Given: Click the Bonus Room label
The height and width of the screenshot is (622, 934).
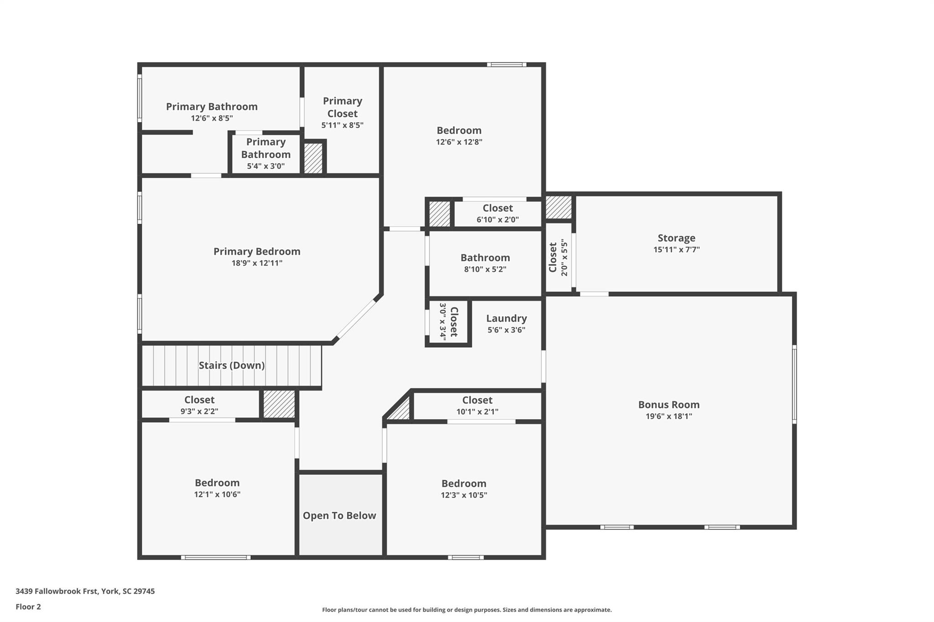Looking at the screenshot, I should pos(669,405).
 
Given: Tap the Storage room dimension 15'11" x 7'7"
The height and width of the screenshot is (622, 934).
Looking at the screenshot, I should pos(676,250).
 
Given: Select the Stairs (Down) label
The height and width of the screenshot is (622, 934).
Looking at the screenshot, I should pos(232,365).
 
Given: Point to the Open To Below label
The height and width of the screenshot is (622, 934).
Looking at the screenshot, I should pos(339,515).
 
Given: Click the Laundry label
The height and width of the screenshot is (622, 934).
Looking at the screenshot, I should pos(506,319).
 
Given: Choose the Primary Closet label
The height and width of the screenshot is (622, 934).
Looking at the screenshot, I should pos(342,107).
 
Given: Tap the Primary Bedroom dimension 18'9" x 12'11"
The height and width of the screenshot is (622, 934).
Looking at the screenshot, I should pos(257,263).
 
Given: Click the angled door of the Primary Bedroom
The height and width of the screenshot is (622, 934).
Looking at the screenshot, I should pos(356,319).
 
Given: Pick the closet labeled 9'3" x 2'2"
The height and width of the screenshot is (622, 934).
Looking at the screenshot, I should pos(199,405).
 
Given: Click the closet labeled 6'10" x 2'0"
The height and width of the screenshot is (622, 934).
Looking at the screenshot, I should pos(498,213).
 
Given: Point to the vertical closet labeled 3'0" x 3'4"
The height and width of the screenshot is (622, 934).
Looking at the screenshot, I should pos(448,322).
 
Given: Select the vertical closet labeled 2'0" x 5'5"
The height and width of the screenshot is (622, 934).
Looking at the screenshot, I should pos(558,257).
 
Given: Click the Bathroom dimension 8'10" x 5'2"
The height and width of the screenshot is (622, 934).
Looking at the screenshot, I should pos(485,269).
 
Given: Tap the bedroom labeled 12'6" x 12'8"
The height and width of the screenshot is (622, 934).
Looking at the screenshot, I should pos(459,136).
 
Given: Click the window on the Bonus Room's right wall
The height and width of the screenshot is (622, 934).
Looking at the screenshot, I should pos(794,384).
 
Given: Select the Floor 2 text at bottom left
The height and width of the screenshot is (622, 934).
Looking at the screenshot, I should pos(28,607).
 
